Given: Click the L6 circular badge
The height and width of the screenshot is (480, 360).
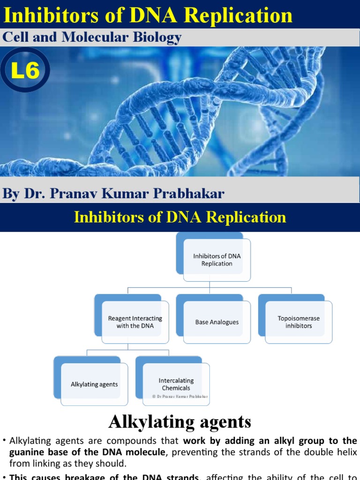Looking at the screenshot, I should (25, 72).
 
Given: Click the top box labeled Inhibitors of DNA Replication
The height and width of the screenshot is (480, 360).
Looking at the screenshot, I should (217, 260).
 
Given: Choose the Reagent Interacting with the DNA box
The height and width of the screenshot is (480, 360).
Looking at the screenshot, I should (135, 322).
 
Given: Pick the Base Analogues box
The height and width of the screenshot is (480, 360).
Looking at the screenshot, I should (217, 322).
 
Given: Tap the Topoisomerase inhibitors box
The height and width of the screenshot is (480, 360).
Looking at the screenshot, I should (299, 322).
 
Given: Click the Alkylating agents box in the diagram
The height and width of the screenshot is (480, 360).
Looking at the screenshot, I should (94, 384).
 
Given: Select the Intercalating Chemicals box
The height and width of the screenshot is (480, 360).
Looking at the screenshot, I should (176, 384).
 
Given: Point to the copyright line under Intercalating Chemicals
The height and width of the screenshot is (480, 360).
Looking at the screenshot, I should (180, 396).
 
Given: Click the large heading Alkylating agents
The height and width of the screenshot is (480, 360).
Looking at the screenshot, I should (180, 422).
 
